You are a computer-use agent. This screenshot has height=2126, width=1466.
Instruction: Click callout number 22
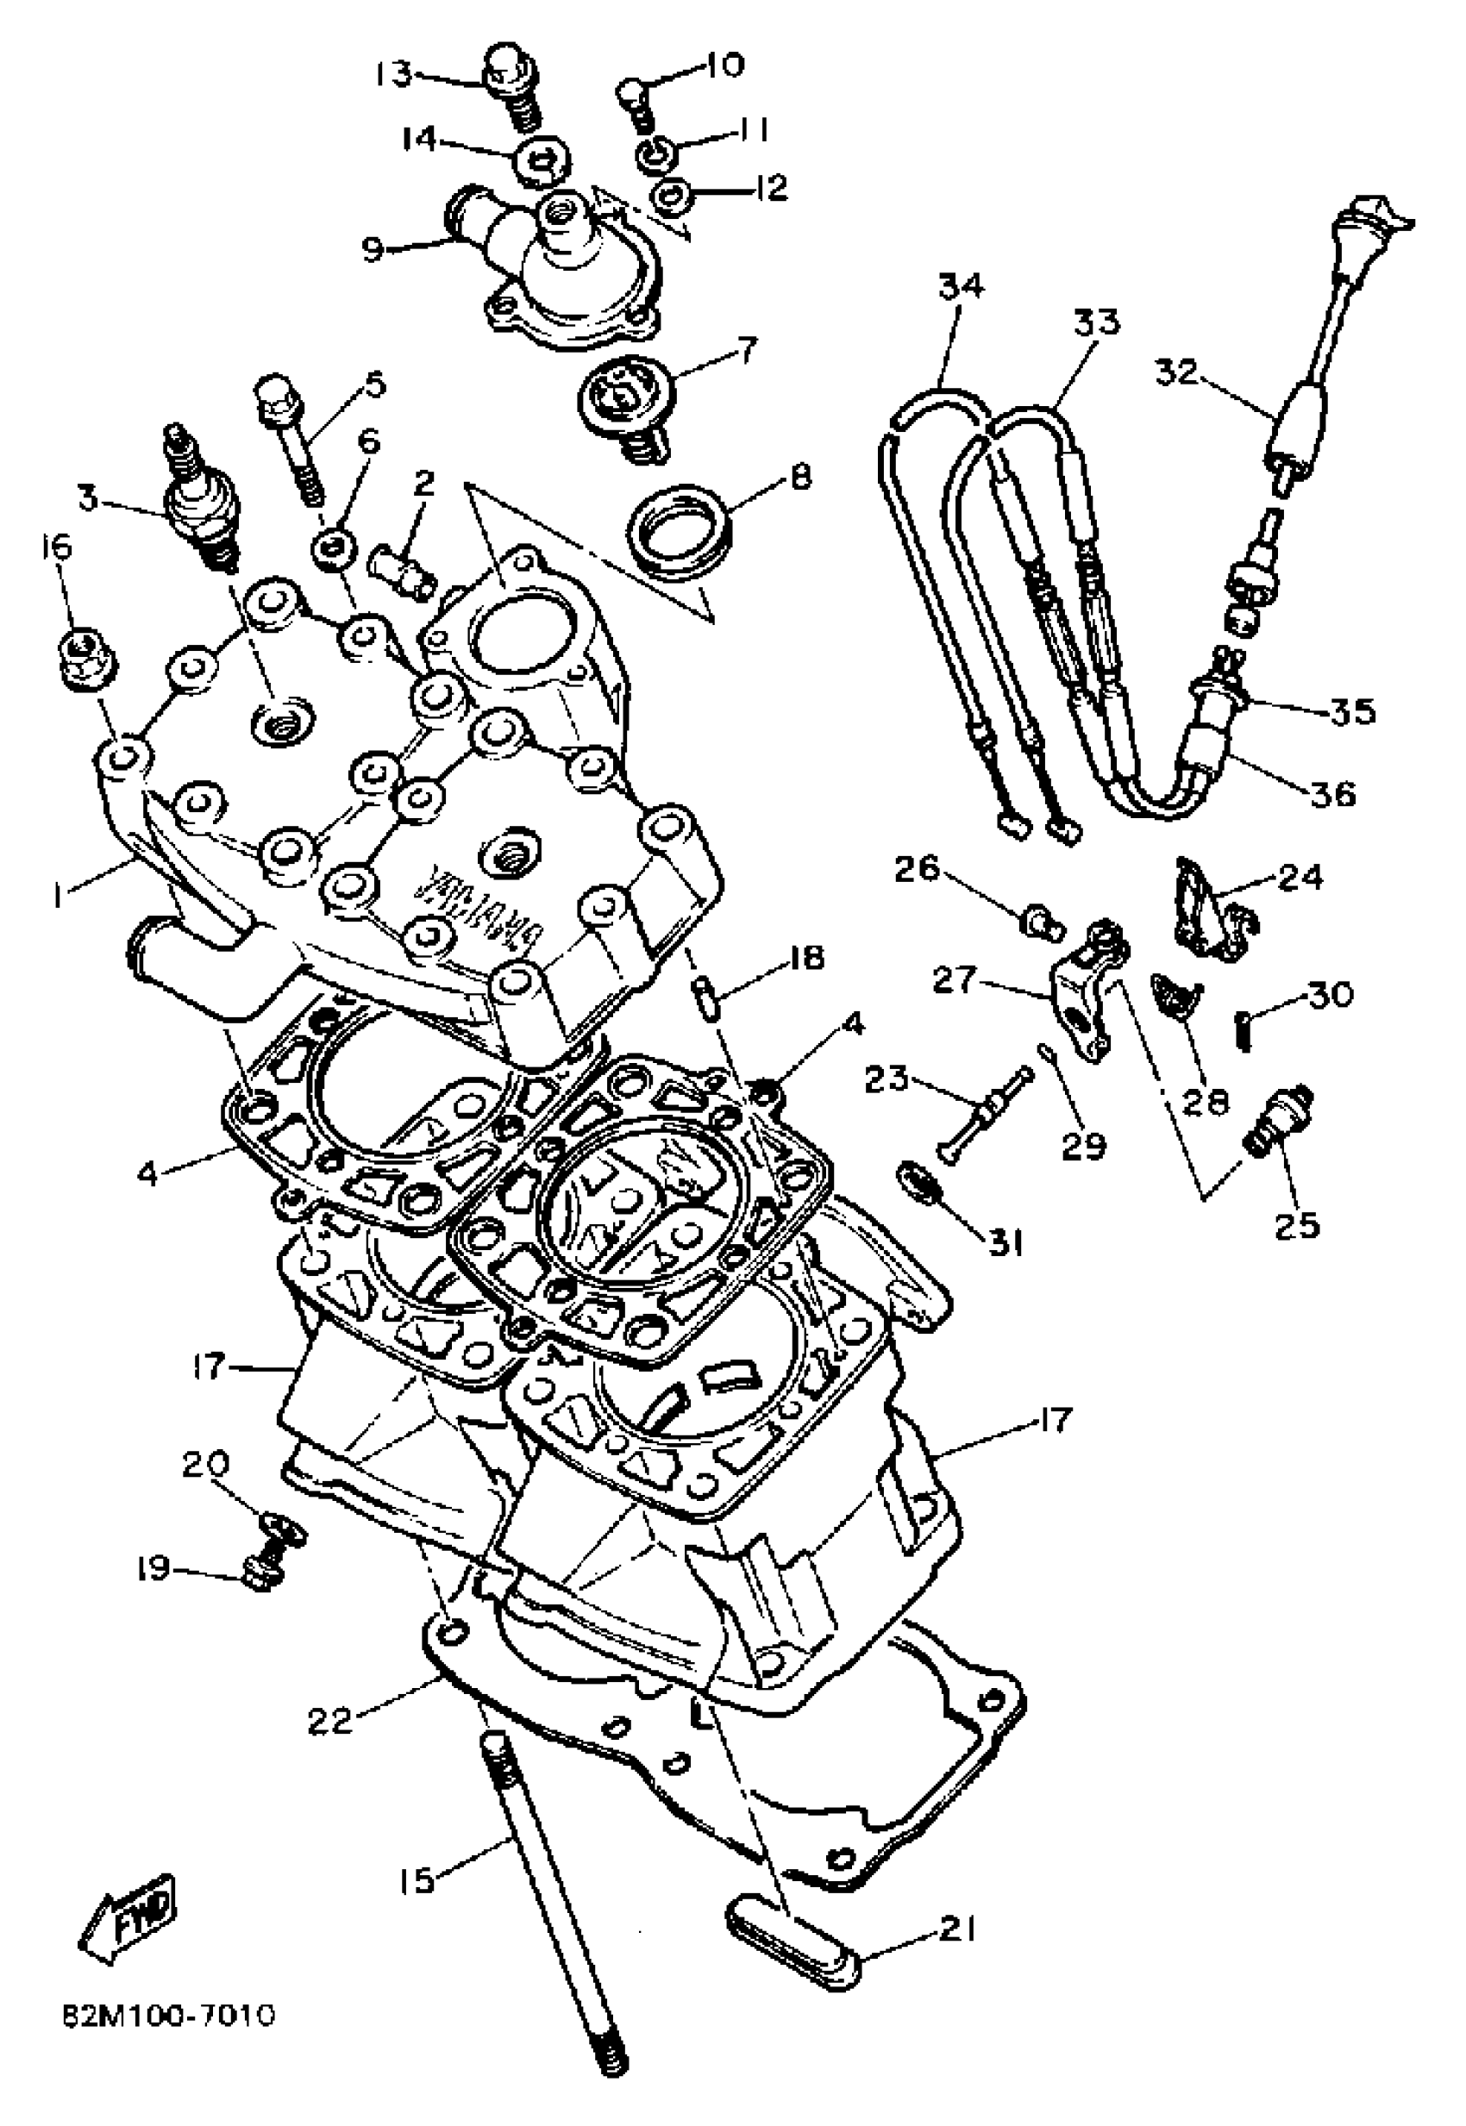pyautogui.click(x=330, y=1721)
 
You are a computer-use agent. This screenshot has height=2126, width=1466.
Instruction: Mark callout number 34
pyautogui.click(x=961, y=286)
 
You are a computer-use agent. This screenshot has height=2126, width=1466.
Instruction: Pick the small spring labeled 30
pyautogui.click(x=1244, y=1027)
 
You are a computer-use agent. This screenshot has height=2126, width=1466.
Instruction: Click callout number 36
pyautogui.click(x=1334, y=792)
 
